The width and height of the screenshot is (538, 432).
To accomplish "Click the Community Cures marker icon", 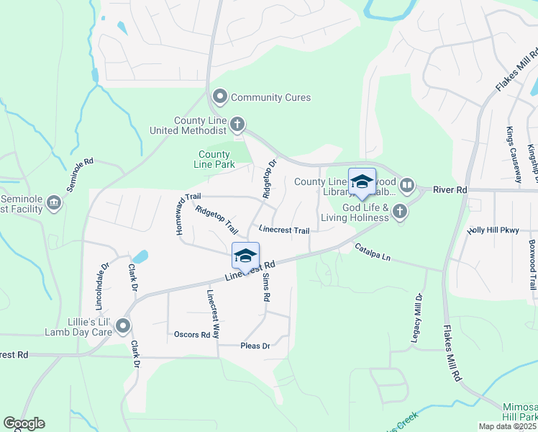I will click(220, 97).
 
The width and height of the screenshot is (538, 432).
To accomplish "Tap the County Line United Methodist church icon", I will click(237, 126).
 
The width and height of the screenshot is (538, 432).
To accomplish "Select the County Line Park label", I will click(214, 159).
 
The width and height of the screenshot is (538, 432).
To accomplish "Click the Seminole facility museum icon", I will click(53, 204).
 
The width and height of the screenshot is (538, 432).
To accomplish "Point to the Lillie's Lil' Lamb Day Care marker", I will click(124, 327).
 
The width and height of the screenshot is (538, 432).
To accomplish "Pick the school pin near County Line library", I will click(362, 182).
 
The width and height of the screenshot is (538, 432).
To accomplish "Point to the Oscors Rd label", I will click(192, 335).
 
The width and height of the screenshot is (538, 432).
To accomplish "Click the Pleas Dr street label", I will click(255, 346).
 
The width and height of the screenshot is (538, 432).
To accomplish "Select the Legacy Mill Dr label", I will click(418, 316).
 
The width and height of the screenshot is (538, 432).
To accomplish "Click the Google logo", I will click(24, 423).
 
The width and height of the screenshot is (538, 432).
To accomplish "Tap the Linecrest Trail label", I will click(283, 230).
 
